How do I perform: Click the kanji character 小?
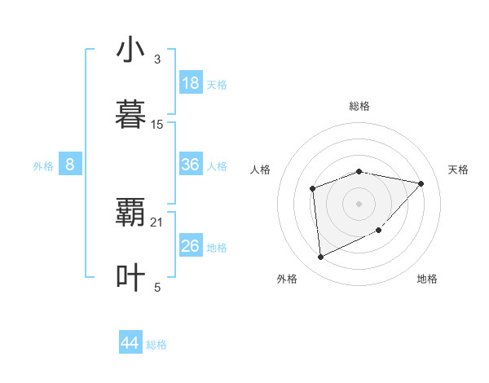pos(130,50)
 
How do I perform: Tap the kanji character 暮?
pos(130,115)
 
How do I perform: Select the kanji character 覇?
pos(130,213)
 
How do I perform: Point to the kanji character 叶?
pos(130,278)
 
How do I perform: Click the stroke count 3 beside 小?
pos(156,59)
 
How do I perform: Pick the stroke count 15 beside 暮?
pos(157,125)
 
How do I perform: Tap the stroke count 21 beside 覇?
pos(157,222)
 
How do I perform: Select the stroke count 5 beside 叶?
pos(157,287)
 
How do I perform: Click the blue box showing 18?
pos(190,83)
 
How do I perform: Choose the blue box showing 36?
pos(190,165)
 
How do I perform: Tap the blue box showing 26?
pos(190,246)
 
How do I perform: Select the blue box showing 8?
pos(70,165)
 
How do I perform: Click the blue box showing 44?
pos(130,343)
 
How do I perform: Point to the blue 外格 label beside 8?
pos(43,166)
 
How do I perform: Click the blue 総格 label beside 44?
pos(156,345)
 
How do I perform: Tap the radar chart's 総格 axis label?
pos(359,106)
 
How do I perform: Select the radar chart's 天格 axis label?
pos(458,169)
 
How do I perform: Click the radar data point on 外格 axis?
pos(320,258)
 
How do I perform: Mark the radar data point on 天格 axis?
pos(421,183)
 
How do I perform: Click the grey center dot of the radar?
pos(359,203)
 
